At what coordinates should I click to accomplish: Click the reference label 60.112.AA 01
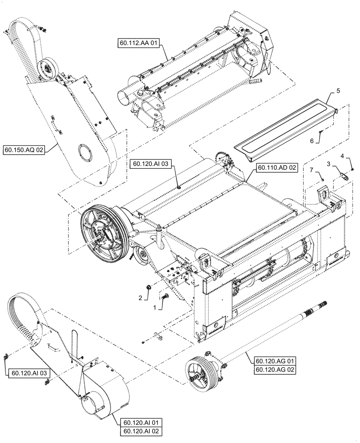pyautogui.click(x=138, y=43)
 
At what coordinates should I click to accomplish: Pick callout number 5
pyautogui.click(x=338, y=91)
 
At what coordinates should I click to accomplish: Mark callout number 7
pyautogui.click(x=311, y=170)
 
